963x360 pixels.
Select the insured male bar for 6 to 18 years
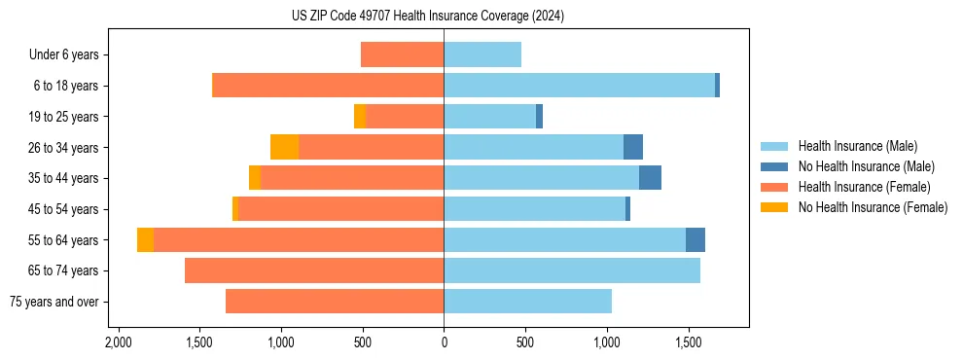click(579, 86)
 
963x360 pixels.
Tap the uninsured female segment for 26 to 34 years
click(284, 147)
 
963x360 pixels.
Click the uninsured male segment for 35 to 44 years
click(650, 178)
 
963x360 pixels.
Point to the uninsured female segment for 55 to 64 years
click(145, 239)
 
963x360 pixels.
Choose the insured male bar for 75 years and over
click(527, 302)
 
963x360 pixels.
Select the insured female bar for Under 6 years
click(402, 54)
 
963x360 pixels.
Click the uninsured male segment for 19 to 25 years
click(539, 117)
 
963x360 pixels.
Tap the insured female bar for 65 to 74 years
click(314, 270)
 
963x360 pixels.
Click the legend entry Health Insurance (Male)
click(857, 146)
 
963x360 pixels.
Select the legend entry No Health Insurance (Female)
click(873, 207)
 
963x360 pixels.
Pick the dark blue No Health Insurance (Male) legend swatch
click(774, 166)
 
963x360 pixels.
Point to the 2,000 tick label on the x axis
click(118, 342)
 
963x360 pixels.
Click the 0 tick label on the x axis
click(444, 342)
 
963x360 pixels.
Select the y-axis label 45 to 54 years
click(63, 209)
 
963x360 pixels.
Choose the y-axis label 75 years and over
click(53, 302)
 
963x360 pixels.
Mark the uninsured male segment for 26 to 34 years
click(633, 147)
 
